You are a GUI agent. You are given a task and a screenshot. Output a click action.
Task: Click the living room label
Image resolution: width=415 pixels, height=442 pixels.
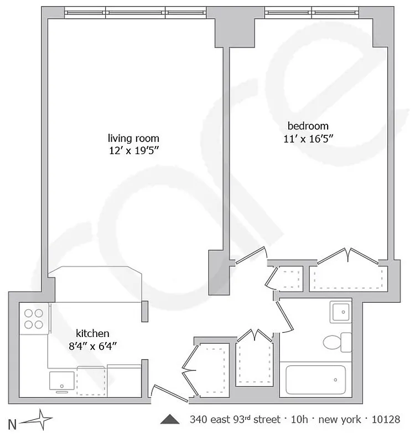coord(133,138)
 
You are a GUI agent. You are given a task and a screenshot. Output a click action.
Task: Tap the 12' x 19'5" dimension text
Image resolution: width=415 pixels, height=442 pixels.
coord(133,150)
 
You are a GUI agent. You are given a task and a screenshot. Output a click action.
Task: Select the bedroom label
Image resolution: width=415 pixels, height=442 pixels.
coord(308,125)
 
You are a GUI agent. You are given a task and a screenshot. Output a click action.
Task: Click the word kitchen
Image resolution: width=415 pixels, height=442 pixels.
coord(92,333)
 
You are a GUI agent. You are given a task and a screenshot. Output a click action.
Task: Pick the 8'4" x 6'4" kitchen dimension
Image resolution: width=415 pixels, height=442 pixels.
coord(92,345)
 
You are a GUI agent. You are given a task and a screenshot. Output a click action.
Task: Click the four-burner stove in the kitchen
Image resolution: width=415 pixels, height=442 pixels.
coord(34,319)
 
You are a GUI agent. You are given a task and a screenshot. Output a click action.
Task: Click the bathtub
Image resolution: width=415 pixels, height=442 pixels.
coord(315,380)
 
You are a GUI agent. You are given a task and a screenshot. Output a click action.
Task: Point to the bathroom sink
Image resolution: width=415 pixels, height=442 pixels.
coord(340,312)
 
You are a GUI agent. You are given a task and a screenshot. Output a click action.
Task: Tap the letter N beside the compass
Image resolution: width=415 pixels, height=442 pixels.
coord(12,424)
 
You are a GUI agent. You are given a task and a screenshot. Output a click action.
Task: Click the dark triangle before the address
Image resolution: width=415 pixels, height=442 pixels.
coord(170,419)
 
